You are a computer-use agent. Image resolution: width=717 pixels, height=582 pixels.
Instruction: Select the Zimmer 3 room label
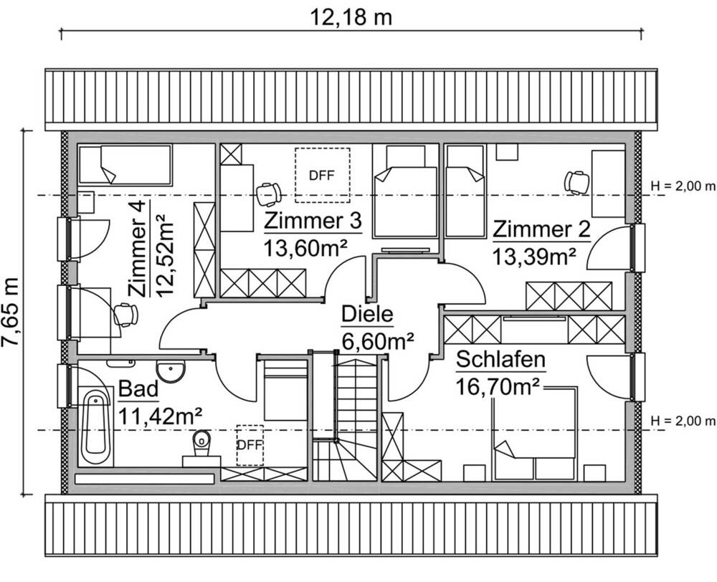312,221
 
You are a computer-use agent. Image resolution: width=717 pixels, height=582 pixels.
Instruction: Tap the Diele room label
368,315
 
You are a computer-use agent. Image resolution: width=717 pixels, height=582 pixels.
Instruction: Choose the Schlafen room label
500,359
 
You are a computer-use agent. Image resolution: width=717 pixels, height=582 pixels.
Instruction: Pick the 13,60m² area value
305,248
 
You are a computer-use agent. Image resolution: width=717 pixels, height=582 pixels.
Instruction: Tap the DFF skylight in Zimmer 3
322,175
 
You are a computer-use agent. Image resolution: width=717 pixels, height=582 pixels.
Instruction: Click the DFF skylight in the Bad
250,444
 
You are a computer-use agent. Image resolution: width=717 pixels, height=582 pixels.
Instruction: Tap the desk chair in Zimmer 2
576,181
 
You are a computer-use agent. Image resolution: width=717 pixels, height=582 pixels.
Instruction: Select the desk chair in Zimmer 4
125,314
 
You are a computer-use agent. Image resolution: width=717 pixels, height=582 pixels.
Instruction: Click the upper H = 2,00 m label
682,186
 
